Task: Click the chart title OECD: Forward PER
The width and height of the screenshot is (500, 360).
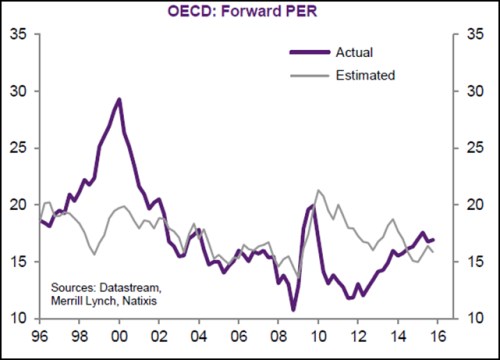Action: [249, 12]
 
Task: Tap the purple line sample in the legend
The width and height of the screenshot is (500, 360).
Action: [309, 53]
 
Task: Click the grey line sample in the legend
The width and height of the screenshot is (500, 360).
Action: [309, 75]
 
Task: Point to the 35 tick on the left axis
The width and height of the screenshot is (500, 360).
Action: [17, 35]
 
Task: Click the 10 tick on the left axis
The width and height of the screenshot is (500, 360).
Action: [17, 318]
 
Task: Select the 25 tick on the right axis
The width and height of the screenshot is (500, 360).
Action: [475, 148]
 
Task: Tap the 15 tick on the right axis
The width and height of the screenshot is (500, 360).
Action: [475, 262]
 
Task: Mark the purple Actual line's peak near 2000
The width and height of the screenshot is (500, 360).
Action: [119, 99]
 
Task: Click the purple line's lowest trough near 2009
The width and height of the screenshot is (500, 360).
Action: [293, 309]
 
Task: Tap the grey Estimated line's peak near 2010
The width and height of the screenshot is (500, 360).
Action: [318, 190]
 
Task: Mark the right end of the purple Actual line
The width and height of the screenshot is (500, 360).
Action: [432, 239]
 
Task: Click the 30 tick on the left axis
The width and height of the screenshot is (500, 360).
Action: [17, 91]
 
